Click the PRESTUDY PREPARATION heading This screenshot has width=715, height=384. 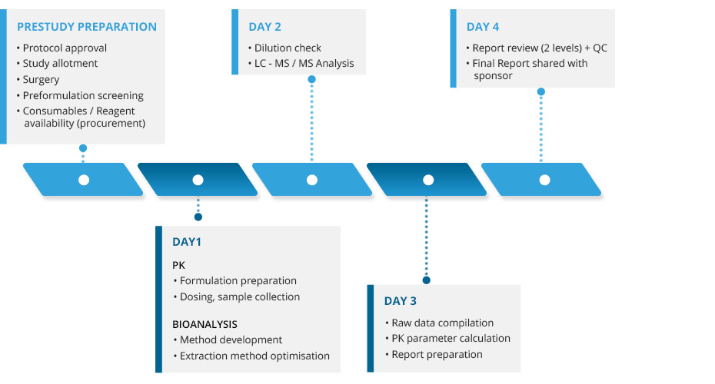pos(87,27)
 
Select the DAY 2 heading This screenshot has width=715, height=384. pos(264,27)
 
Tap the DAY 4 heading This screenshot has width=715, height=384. pos(483,27)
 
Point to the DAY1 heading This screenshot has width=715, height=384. pos(187,242)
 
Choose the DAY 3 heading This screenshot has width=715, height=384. pos(400,301)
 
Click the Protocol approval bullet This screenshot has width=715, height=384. pos(62,48)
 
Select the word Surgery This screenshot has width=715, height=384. pos(41,80)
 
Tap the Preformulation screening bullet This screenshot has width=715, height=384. pos(80,96)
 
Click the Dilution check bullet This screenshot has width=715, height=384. pos(284,48)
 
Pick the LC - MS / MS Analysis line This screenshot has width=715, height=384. pos(301,63)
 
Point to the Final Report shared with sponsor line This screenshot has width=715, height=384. pos(527,69)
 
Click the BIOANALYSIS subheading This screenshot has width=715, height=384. pos(205,324)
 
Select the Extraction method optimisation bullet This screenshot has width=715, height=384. pos(251,356)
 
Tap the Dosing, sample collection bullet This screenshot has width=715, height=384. pos(237,297)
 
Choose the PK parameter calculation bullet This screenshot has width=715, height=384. pos(447,339)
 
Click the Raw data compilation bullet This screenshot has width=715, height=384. pos(440,323)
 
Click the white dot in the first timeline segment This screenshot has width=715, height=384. pos(84,180)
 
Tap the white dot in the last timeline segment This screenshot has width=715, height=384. pos(544,180)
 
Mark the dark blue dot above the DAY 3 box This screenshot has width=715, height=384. pos(427,280)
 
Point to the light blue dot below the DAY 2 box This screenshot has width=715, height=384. pos(312,79)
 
